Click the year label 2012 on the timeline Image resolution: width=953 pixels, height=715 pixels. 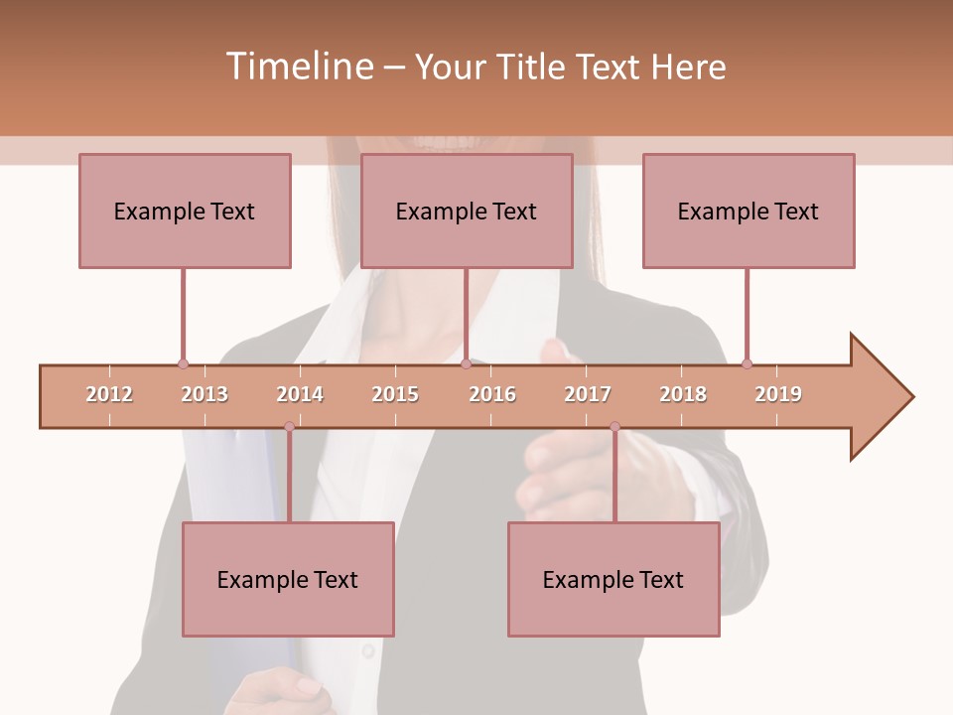(109, 394)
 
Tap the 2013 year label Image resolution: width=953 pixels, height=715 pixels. (204, 394)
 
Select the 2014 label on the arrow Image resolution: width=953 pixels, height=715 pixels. (300, 394)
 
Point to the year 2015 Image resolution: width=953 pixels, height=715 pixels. (395, 394)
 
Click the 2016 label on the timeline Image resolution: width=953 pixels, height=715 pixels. (492, 394)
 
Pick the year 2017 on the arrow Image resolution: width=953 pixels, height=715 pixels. (588, 394)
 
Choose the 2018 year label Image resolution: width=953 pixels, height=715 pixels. (683, 394)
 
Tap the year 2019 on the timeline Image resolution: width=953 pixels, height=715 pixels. (778, 394)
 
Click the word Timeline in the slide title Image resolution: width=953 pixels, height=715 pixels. (298, 67)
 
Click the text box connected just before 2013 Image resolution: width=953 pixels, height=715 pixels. (185, 211)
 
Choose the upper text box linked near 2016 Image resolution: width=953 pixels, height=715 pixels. (467, 211)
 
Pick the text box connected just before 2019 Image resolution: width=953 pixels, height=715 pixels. (749, 211)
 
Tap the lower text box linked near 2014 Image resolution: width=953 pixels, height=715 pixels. (288, 579)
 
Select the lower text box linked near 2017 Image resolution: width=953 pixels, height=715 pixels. (613, 579)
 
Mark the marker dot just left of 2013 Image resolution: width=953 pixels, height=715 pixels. (183, 363)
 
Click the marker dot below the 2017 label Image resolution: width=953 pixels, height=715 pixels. (614, 427)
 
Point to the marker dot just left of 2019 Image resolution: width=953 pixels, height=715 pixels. (747, 363)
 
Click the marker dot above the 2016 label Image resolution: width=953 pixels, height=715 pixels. (466, 363)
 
